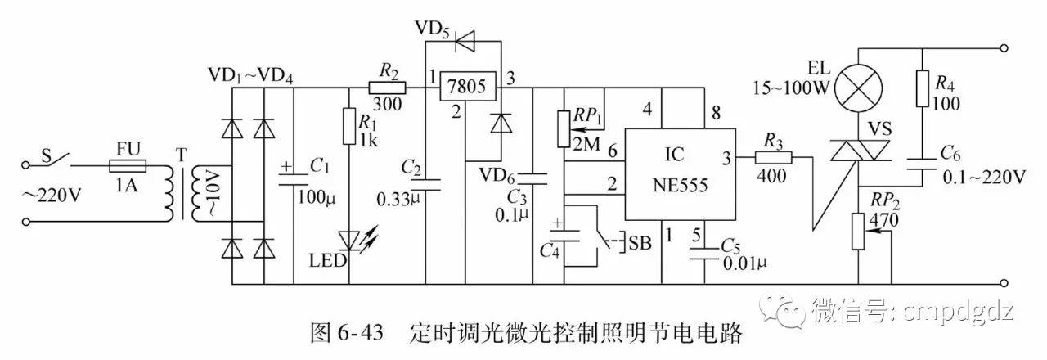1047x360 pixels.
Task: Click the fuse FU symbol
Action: [x=128, y=165]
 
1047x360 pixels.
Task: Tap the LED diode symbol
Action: [x=349, y=240]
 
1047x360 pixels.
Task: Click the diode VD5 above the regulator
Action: [x=467, y=37]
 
